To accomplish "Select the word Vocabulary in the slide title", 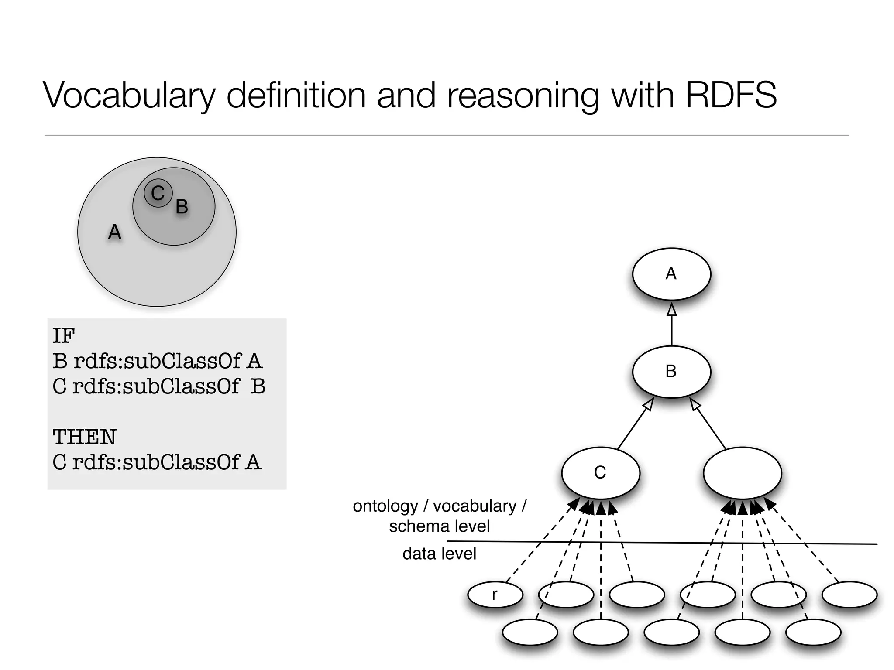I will click(129, 96).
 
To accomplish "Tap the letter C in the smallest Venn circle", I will click(158, 193).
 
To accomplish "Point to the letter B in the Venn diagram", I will click(182, 206).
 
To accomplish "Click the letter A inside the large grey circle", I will click(114, 232).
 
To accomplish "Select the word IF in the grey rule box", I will click(63, 336).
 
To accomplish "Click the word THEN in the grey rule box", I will click(85, 437).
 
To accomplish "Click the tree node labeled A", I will click(671, 274).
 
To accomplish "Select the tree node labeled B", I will click(671, 372).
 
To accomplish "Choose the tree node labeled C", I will click(601, 473).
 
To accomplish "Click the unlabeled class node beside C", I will click(742, 473).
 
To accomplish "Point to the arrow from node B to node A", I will click(671, 325).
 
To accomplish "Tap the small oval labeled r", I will click(495, 595).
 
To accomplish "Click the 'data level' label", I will click(439, 554).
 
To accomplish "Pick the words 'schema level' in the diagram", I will click(439, 526).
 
